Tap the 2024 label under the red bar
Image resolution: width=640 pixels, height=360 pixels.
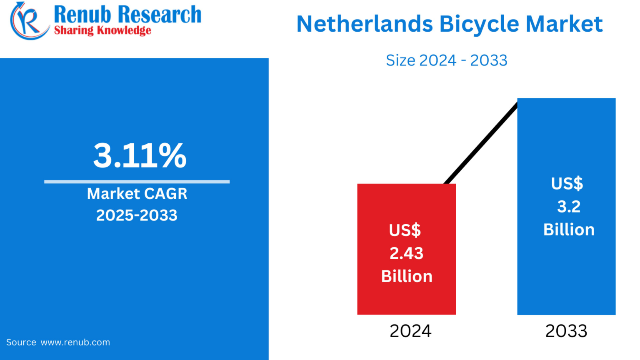pos(410,331)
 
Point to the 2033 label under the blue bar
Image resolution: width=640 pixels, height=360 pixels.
pos(566,331)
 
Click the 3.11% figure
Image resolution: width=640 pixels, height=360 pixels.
pos(140,156)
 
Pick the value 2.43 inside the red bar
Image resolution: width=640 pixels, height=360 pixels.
pos(406,253)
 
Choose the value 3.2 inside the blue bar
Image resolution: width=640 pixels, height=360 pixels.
pos(569,207)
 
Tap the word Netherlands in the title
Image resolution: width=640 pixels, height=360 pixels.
pos(365,24)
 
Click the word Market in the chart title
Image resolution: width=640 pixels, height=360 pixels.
pos(564,24)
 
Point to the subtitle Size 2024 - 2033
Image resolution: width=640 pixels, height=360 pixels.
pos(446,60)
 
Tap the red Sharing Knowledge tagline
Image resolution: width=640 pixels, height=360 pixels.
pos(102,30)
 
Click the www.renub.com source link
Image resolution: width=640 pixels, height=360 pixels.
pos(75,342)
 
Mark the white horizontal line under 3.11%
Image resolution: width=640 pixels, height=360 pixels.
pos(137,182)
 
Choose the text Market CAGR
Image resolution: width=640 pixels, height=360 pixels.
pos(137,194)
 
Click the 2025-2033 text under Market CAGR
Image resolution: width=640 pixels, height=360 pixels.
pos(137,215)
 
